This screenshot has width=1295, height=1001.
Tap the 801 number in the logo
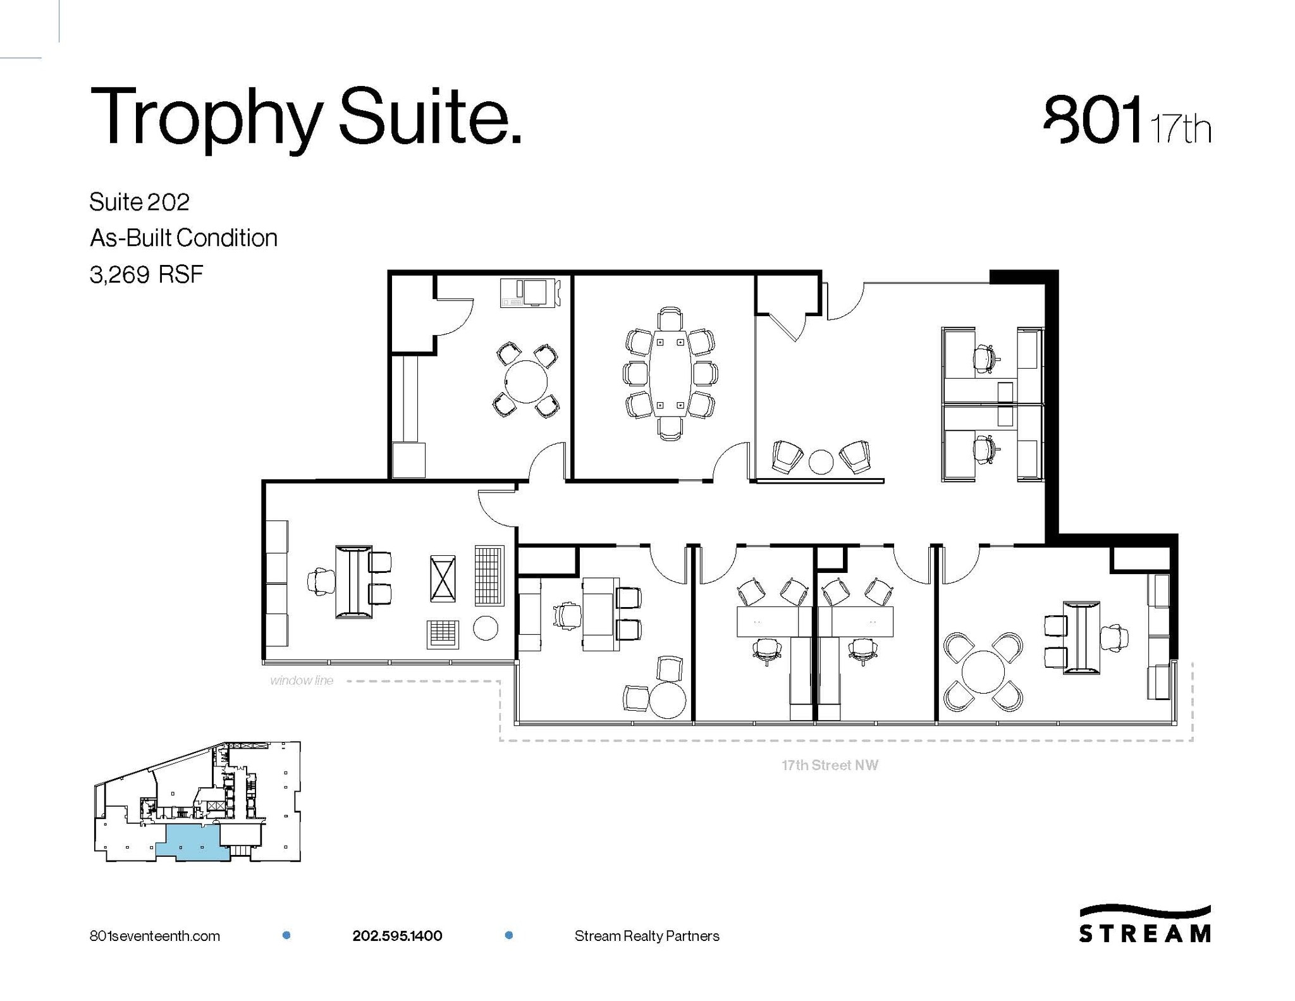[x=1093, y=120]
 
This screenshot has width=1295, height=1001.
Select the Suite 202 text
[x=139, y=202]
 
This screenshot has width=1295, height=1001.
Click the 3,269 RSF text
[x=146, y=274]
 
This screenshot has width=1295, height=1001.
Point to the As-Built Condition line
[x=183, y=238]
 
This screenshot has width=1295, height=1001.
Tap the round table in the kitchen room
[x=525, y=381]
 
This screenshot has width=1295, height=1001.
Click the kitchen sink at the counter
[x=535, y=292]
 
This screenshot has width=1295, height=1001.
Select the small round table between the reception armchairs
[x=821, y=461]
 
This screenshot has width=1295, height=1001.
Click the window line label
[x=301, y=680]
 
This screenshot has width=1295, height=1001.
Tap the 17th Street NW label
[x=830, y=765]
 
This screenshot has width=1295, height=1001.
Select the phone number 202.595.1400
[x=397, y=936]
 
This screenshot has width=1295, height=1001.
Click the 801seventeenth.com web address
[x=155, y=936]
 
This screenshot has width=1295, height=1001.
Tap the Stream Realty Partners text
[x=647, y=936]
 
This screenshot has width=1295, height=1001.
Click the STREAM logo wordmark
[x=1145, y=933]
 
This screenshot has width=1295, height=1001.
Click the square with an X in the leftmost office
[x=443, y=578]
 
